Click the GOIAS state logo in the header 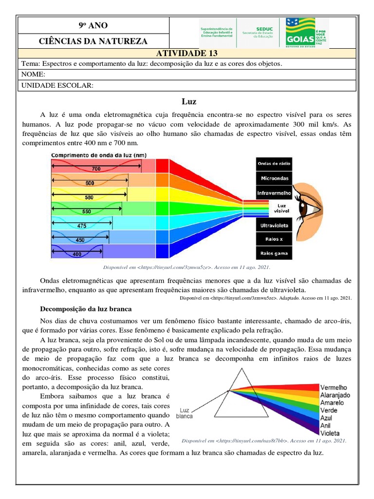(x=307, y=33)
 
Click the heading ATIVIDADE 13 (x=187, y=54)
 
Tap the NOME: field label (x=33, y=75)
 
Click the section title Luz (x=188, y=101)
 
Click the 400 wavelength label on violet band (x=77, y=253)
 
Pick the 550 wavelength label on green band (x=86, y=212)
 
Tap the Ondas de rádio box (x=274, y=164)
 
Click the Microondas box (x=274, y=178)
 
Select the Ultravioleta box (x=274, y=226)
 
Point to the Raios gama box (x=274, y=253)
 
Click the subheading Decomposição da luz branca (x=85, y=309)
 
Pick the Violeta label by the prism (x=330, y=433)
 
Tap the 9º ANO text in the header (x=93, y=25)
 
